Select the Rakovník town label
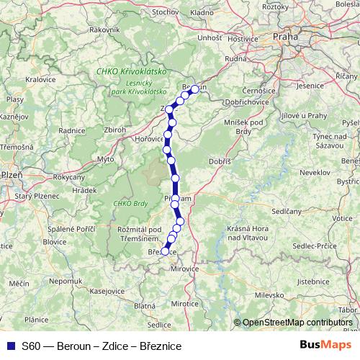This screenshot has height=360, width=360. pos(104,30)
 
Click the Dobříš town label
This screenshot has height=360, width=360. pos(219,162)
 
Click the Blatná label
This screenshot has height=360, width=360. pos(144,306)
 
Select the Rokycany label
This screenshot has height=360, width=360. pos(69,177)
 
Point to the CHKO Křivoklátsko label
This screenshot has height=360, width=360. pos(132,73)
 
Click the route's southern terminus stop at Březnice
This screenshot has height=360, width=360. pos(165,251)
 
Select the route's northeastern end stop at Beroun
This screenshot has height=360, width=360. pos(194,89)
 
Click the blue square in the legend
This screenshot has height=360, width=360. pos(9,346)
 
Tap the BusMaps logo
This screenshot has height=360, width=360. pos(326,346)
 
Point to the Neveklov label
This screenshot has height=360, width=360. pos(315,174)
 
